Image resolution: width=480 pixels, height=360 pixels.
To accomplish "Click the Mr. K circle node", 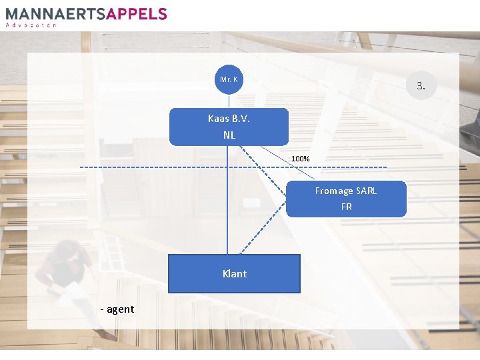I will coord(229,80).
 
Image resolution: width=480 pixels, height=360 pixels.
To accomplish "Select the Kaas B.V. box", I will coord(229,127).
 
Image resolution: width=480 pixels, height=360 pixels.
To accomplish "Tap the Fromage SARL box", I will coord(346,199).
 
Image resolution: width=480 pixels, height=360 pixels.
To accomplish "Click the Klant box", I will coord(234,273).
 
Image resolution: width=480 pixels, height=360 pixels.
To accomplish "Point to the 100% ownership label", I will coord(300,159).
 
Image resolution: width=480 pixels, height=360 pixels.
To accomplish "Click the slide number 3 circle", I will coord(421,85).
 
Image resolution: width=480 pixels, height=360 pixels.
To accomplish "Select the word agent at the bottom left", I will coord(119,309).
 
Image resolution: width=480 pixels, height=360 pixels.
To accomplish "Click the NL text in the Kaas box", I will coord(229,135).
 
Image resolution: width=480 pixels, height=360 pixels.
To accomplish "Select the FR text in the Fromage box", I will coord(346,207).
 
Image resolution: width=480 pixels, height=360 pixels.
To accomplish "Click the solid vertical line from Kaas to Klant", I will coord(227,200).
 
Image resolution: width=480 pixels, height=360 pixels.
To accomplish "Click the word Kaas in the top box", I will coord(218,119).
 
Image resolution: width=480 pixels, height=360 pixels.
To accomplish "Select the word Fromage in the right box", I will coord(333,191).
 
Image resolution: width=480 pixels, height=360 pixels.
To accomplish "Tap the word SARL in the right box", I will coord(366,191).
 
